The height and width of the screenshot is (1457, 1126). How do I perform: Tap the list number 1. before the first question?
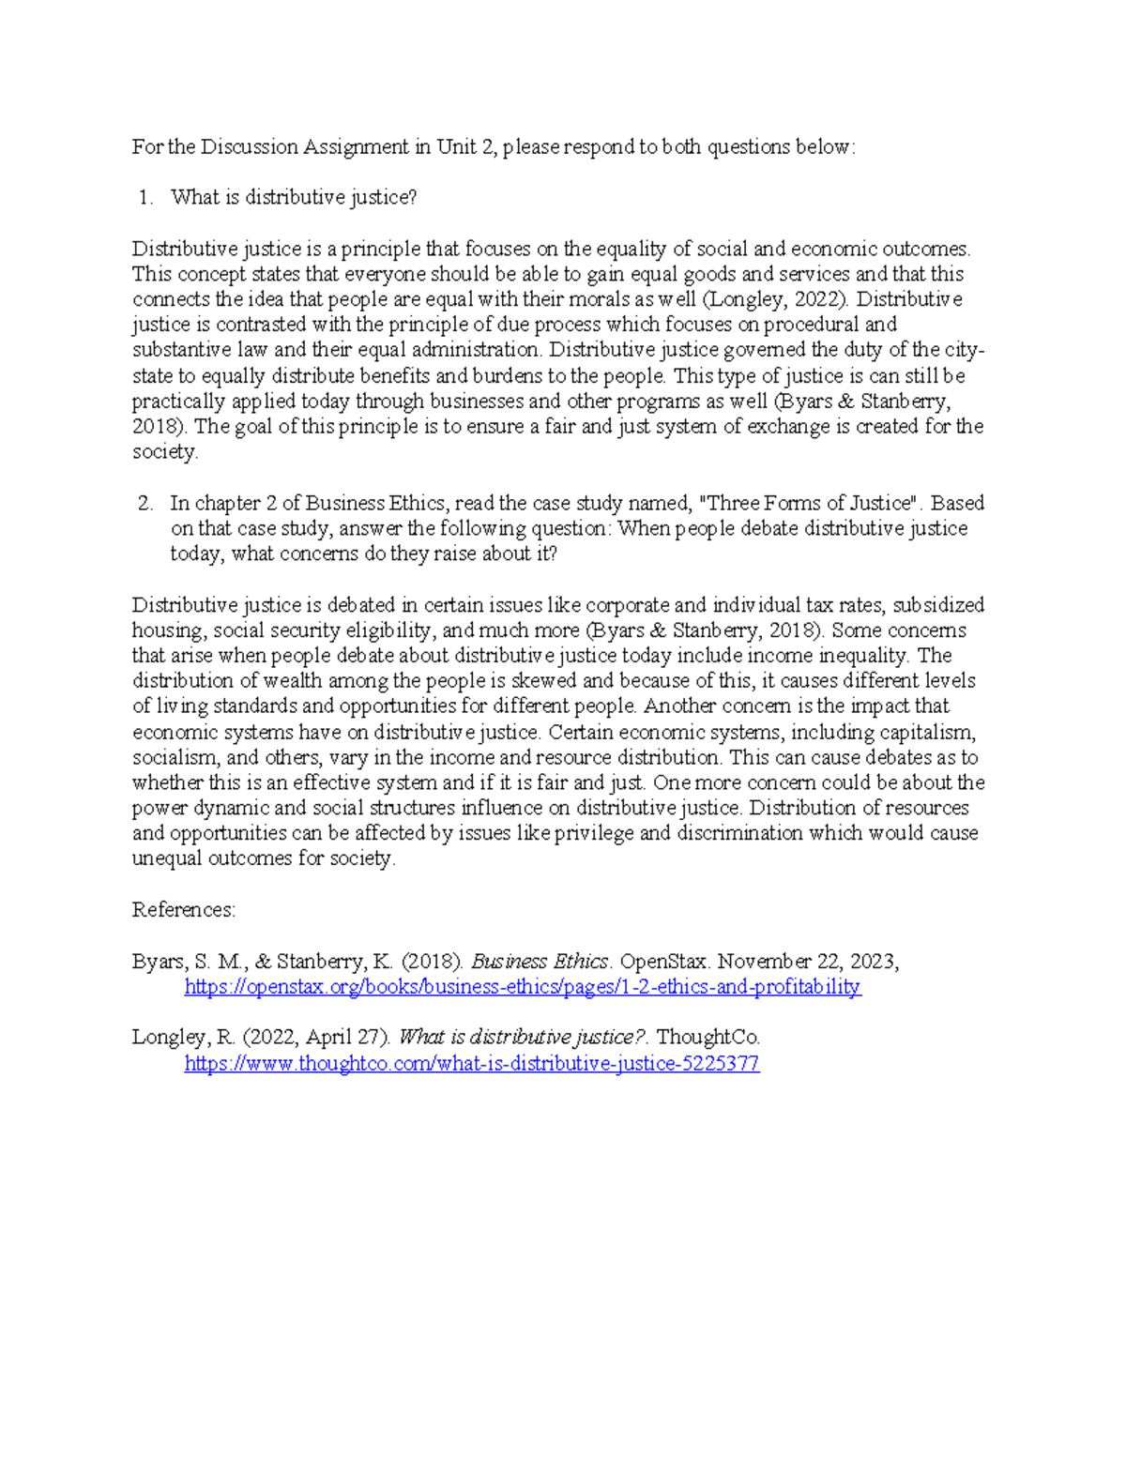[x=145, y=198]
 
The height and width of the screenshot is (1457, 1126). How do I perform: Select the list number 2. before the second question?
[x=145, y=504]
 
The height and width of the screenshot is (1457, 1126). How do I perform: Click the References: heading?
[x=184, y=910]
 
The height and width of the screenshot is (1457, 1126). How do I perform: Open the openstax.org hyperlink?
[x=523, y=987]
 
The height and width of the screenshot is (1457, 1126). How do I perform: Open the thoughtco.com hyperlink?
[x=472, y=1064]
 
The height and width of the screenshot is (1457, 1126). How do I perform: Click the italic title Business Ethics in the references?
[x=540, y=962]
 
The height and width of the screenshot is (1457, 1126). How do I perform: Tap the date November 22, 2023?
[x=808, y=962]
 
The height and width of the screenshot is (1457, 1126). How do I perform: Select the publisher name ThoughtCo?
[x=708, y=1038]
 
